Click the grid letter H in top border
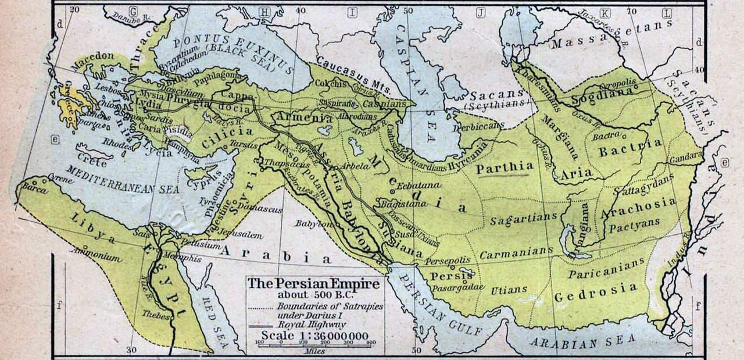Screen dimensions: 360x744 pos(264,12)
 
